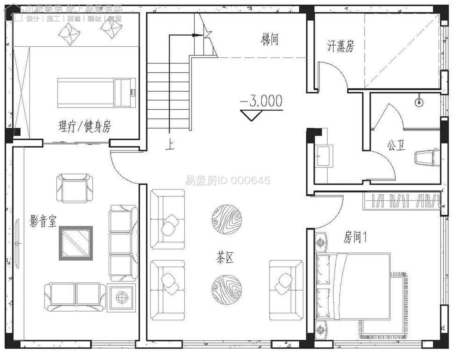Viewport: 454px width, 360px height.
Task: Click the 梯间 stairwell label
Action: tap(270, 39)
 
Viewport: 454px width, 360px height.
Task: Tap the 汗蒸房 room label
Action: tap(340, 46)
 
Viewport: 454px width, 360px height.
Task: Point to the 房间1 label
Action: tap(355, 237)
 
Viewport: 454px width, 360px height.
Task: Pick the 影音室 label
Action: tap(43, 221)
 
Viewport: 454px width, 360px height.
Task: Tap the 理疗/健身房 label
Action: tap(85, 127)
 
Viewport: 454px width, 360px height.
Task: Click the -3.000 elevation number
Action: tap(262, 101)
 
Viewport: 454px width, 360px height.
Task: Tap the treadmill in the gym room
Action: tap(96, 92)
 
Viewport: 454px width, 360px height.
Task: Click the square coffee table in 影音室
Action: tap(76, 243)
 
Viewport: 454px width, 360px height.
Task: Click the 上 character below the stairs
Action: tap(170, 144)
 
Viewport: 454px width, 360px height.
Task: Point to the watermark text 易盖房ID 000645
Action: tap(227, 181)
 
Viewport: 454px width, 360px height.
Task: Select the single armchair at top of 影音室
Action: tap(74, 188)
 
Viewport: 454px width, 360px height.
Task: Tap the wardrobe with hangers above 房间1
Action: tap(402, 200)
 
